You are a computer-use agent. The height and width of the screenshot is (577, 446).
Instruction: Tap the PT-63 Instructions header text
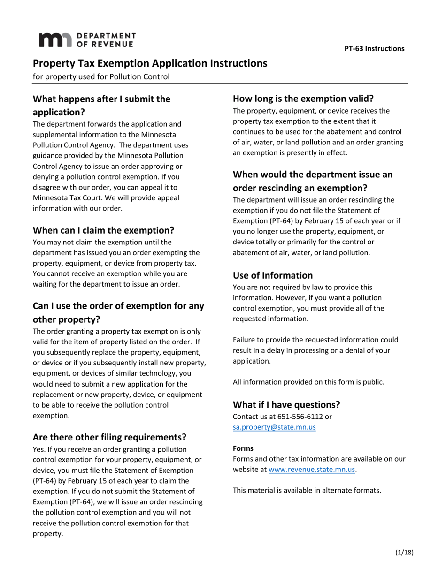374,48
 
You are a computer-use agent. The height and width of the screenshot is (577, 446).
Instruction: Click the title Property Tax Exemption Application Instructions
150,63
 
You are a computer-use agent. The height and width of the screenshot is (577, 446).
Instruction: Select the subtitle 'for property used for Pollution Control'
101,76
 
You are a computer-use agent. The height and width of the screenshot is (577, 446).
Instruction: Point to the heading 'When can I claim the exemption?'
103,230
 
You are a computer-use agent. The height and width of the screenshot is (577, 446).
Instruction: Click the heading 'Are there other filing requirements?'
109,437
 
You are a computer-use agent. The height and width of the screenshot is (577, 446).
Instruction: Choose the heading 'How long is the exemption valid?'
303,99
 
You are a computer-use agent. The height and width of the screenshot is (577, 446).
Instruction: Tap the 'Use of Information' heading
273,275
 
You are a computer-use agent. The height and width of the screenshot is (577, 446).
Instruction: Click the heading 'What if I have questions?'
286,404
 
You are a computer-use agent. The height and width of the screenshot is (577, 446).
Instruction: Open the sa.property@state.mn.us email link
274,427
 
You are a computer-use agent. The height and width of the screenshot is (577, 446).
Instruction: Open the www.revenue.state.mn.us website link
312,470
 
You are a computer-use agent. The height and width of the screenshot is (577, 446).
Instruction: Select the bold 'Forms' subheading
243,448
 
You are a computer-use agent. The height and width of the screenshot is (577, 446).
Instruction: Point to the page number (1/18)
404,552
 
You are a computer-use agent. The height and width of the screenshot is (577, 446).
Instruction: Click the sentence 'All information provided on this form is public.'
308,382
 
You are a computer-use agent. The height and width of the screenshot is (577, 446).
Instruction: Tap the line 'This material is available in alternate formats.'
307,490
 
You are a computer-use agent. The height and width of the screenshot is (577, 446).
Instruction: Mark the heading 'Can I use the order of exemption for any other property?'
118,312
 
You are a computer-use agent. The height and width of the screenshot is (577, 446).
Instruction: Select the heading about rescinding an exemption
313,181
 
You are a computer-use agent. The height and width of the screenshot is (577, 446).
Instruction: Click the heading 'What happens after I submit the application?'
101,106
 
